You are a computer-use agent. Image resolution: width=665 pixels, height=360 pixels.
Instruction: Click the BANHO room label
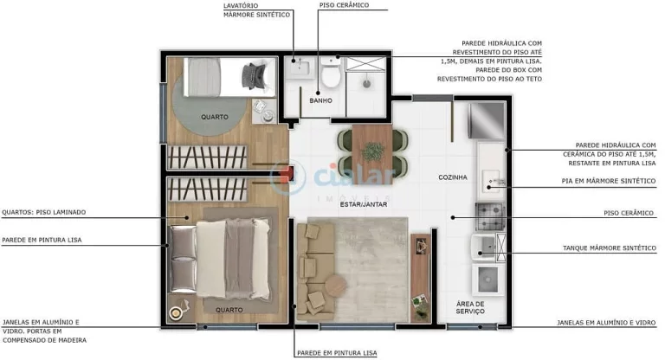pos(320,101)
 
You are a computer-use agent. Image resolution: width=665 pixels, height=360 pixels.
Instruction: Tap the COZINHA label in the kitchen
pos(452,177)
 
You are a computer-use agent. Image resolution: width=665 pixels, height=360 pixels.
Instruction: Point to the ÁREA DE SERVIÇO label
pos(470,307)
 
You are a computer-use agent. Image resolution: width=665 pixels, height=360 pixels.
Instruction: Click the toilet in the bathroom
pos(329,75)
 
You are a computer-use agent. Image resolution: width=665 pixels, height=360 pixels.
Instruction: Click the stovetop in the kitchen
pos(487,212)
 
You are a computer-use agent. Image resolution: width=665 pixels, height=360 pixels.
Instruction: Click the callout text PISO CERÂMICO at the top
pos(344,5)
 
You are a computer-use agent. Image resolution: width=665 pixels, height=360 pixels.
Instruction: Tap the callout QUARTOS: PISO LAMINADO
pos(44,212)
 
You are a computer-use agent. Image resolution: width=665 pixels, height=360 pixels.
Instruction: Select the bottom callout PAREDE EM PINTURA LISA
pos(337,352)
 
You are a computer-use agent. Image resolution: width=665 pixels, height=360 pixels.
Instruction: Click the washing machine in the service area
pos(488,279)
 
